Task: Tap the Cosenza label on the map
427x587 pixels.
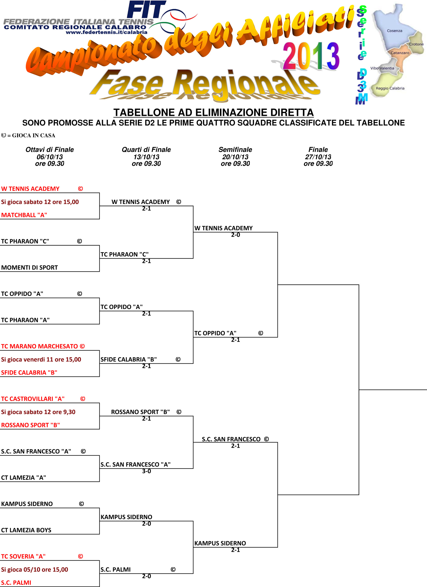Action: pos(395,31)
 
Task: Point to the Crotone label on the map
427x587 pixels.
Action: pos(416,44)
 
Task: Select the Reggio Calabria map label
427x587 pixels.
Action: pos(390,88)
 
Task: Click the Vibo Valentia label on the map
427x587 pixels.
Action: pos(382,68)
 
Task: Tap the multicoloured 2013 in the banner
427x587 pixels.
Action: pos(311,56)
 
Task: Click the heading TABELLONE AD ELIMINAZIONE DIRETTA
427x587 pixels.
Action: pos(213,113)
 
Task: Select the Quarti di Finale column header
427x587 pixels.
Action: pos(146,149)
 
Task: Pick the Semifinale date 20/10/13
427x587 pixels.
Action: pos(235,157)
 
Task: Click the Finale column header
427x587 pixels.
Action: pos(318,149)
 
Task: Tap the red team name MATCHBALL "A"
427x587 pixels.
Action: pos(24,215)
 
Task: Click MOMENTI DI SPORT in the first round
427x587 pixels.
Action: pos(29,268)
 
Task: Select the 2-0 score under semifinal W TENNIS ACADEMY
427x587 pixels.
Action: pos(236,235)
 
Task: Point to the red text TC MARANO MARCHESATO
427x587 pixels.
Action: pos(39,346)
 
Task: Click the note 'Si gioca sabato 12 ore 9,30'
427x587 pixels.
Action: pos(38,412)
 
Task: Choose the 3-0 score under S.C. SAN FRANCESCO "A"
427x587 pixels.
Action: pos(146,471)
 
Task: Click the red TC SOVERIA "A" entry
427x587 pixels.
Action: pos(23,556)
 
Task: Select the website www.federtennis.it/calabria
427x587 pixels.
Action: pos(107,32)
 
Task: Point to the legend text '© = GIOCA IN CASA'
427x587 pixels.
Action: pos(28,135)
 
